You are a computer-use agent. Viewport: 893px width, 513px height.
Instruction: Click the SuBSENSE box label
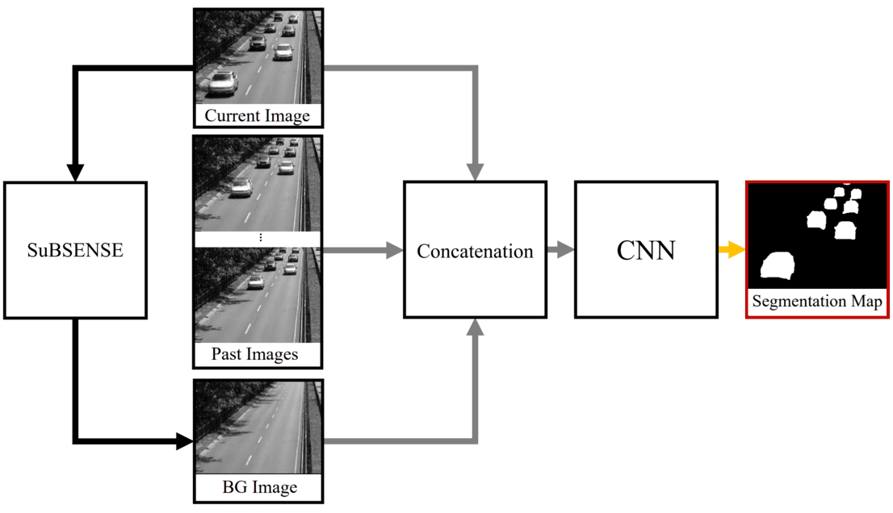[x=75, y=250]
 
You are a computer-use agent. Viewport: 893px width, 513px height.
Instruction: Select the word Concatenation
[x=475, y=251]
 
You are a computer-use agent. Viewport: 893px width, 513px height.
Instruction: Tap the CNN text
[x=646, y=250]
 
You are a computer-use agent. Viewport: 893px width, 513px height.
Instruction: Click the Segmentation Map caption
[x=816, y=302]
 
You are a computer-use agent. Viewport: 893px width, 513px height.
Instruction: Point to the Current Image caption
[x=257, y=116]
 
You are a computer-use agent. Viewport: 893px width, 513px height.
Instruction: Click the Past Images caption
[x=254, y=354]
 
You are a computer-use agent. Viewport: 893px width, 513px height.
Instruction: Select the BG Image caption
[x=259, y=487]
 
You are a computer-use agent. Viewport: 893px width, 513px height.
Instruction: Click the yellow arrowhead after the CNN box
[x=735, y=250]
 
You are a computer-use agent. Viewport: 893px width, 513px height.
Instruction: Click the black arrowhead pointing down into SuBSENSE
[x=75, y=172]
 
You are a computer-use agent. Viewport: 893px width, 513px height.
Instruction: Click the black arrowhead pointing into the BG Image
[x=185, y=441]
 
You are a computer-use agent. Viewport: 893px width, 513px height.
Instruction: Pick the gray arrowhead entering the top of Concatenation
[x=476, y=172]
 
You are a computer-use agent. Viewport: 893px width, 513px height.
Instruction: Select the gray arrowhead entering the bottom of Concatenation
[x=476, y=326]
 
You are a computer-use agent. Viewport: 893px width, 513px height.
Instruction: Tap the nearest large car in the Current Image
[x=222, y=81]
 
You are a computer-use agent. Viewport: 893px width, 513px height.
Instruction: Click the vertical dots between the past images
[x=260, y=239]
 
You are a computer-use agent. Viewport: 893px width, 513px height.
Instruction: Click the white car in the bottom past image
[x=255, y=282]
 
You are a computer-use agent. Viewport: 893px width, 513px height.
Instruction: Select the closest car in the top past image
[x=241, y=188]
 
